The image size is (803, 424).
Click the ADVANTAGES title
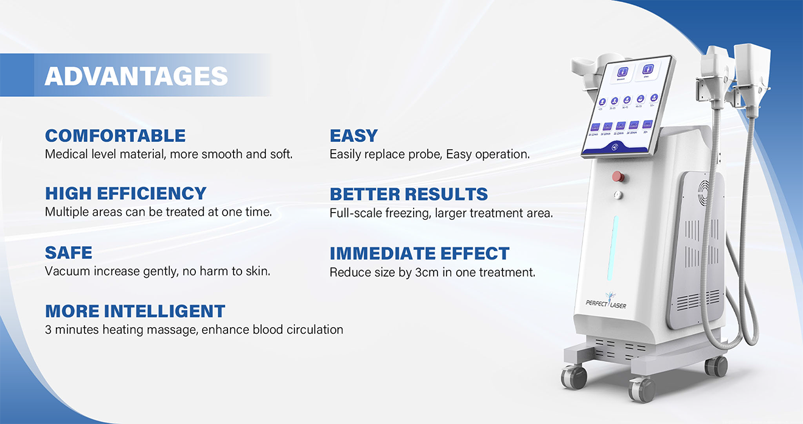(x=136, y=76)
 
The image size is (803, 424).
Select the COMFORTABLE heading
(x=115, y=135)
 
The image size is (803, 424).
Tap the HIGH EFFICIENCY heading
(x=126, y=193)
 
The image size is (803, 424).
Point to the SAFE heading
(x=69, y=252)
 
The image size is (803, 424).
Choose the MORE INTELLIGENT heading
(x=135, y=311)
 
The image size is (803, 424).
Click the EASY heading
(x=353, y=135)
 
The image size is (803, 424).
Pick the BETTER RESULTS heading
(x=409, y=194)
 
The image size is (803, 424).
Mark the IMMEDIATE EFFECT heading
(x=420, y=253)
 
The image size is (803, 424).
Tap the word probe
(x=425, y=155)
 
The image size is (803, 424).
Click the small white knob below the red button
(x=619, y=196)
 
